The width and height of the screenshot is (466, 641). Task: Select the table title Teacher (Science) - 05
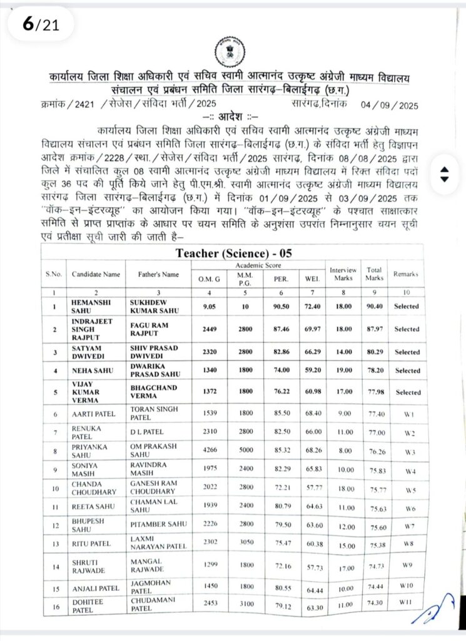pyautogui.click(x=233, y=254)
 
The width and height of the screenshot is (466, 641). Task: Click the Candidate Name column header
pyautogui.click(x=96, y=274)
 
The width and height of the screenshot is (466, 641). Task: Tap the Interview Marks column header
pyautogui.click(x=343, y=274)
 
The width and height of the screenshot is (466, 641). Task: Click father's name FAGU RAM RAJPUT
pyautogui.click(x=150, y=329)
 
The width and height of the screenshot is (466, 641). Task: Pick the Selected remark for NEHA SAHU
pyautogui.click(x=407, y=370)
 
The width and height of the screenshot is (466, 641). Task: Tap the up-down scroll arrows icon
pyautogui.click(x=444, y=175)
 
